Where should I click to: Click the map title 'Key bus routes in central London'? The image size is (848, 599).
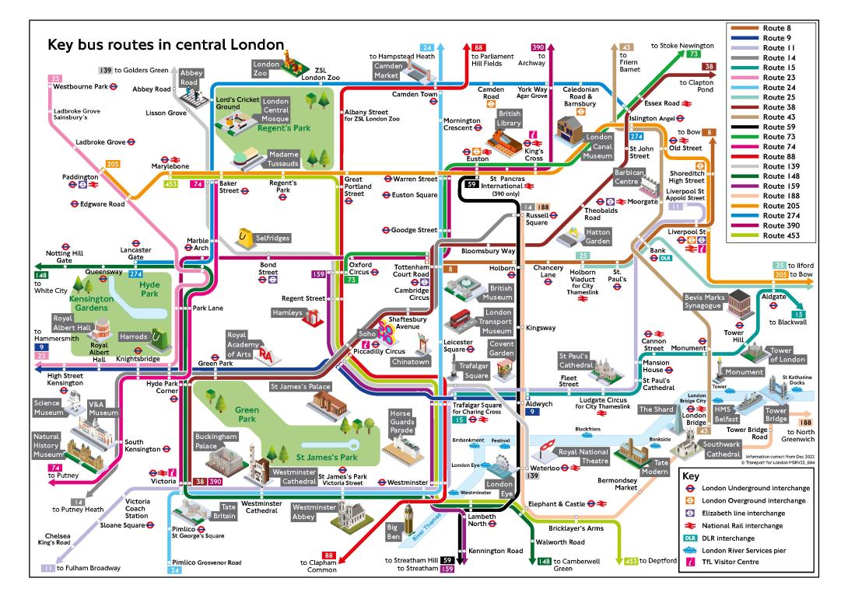pos(166,44)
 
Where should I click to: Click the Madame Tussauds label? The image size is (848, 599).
pos(283,158)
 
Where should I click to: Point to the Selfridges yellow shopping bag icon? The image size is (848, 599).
pos(244,238)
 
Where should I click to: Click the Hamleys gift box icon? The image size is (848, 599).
pos(313,317)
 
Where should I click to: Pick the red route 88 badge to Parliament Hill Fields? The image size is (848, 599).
pos(478,47)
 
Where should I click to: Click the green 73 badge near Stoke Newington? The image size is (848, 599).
pos(693,54)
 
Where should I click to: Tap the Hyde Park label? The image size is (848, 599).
pos(149,289)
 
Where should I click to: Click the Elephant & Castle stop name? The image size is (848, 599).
pos(556,504)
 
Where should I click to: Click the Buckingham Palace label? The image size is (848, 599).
pos(216,441)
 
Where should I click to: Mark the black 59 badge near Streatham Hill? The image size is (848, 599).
pos(447,560)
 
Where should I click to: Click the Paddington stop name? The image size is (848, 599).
pos(80,176)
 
